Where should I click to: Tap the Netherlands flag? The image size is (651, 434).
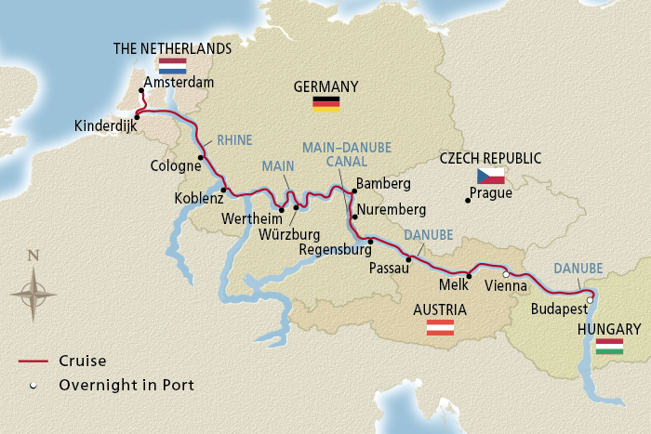pos(172,65)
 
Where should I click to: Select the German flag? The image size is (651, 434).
pos(325,103)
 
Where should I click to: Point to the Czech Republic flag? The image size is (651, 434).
pos(490,176)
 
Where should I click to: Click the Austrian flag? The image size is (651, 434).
pos(440,327)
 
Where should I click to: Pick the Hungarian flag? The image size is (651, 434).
pos(609,347)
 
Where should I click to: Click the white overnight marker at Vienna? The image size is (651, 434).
pos(506,275)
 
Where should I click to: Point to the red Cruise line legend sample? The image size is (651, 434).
pos(33,361)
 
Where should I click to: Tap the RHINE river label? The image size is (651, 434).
pos(233,141)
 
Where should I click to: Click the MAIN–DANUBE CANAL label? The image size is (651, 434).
pos(346,154)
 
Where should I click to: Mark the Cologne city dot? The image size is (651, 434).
pos(200,158)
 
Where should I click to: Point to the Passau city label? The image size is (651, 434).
pos(390,267)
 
